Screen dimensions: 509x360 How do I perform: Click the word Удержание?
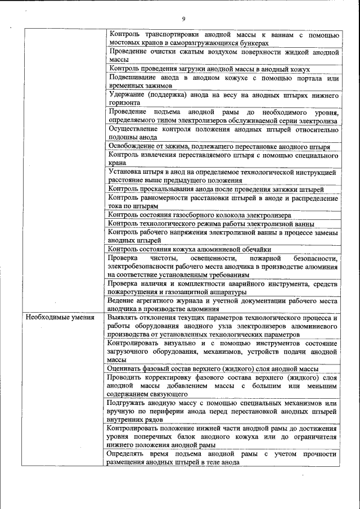click(125, 94)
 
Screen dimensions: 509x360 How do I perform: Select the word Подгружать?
click(128, 403)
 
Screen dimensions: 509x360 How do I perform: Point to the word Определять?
click(128, 454)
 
